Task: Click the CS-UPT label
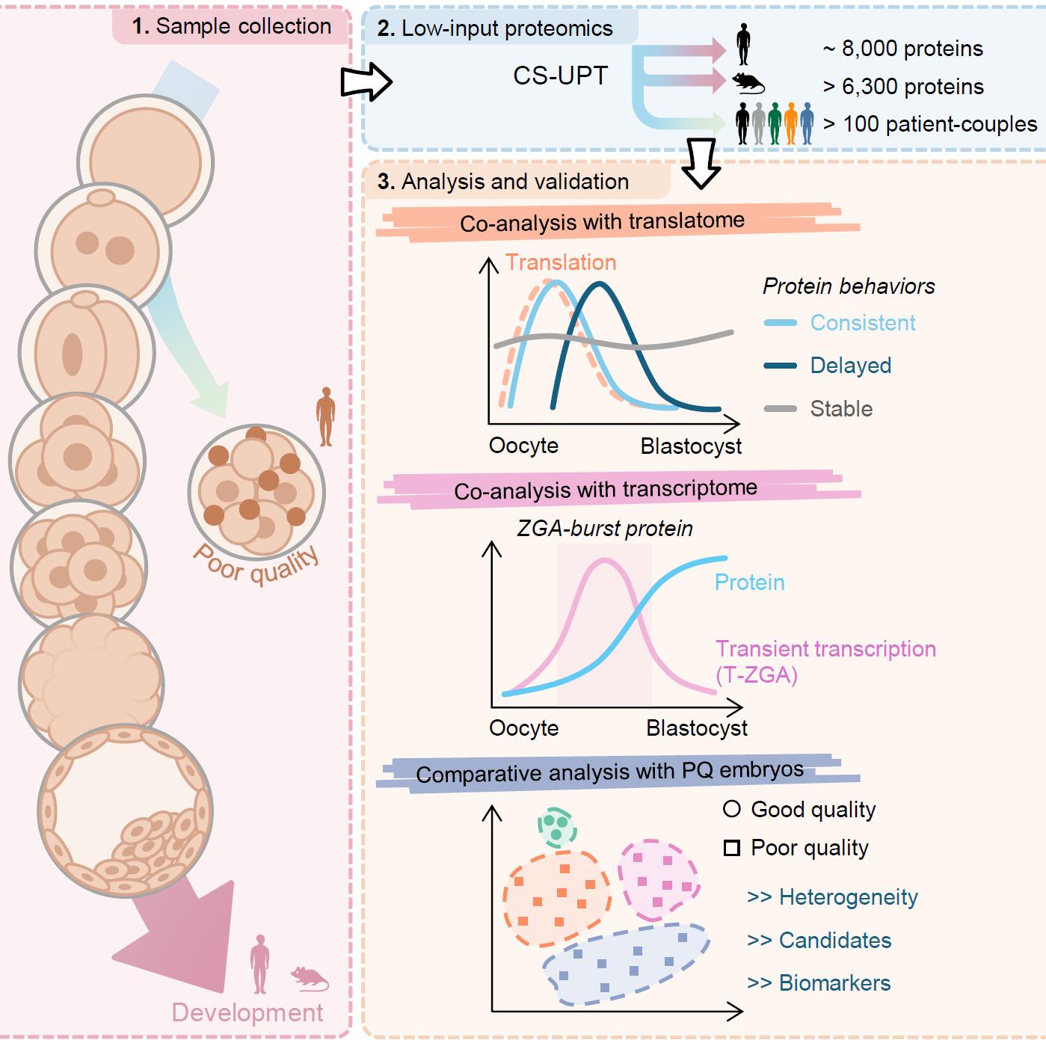(x=560, y=76)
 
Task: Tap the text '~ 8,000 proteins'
(x=902, y=49)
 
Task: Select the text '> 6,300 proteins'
(x=902, y=87)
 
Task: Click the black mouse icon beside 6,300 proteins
(x=748, y=82)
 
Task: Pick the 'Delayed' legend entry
(x=851, y=366)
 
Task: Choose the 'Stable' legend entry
(x=841, y=409)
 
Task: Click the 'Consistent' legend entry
(x=863, y=323)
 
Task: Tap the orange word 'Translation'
(x=561, y=262)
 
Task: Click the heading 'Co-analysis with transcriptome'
(x=606, y=490)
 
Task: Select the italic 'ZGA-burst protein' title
(x=605, y=529)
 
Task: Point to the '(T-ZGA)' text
(x=757, y=675)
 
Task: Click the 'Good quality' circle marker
(x=733, y=809)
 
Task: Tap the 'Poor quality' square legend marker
(x=733, y=848)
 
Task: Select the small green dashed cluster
(x=557, y=826)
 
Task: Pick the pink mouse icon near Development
(x=309, y=977)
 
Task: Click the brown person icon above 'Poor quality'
(x=325, y=416)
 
